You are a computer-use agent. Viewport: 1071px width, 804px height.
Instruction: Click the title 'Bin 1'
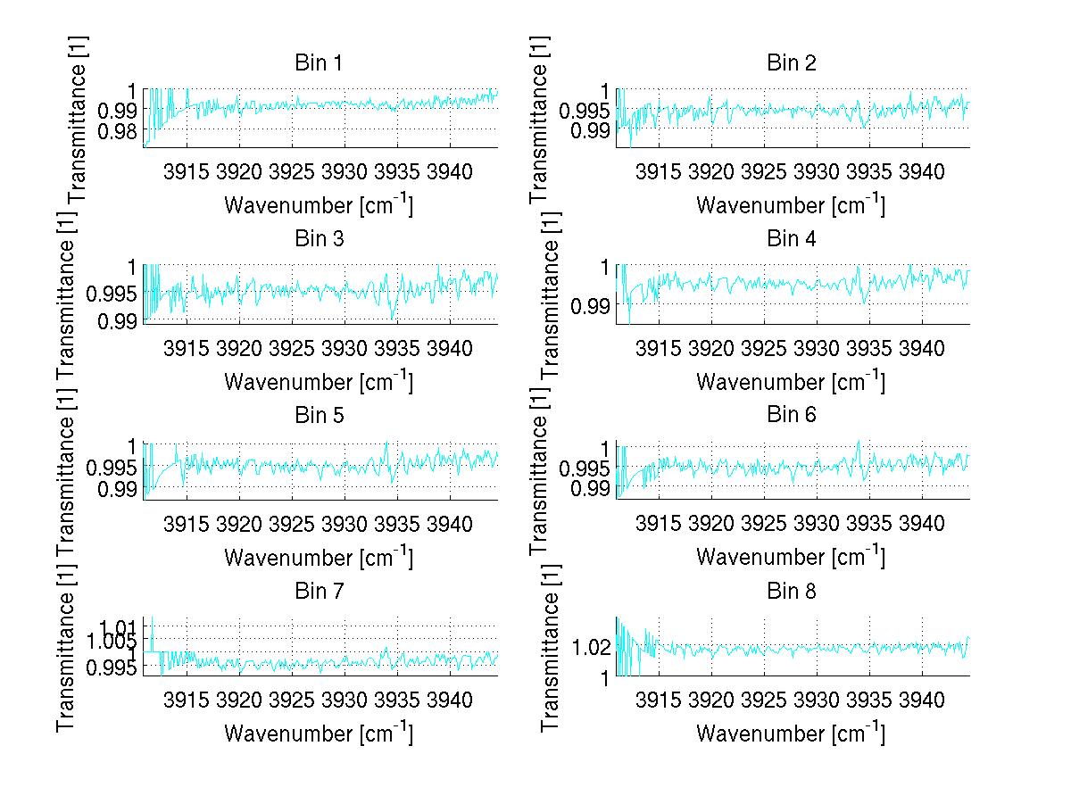(x=319, y=63)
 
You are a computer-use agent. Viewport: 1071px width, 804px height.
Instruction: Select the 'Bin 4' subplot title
(x=791, y=239)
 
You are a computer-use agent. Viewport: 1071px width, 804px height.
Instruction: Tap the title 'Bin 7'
(x=319, y=591)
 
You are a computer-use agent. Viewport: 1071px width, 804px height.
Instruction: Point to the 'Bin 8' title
(x=791, y=591)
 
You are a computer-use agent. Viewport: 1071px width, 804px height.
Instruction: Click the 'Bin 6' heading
(x=791, y=415)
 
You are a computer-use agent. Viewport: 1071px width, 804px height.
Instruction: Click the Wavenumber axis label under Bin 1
(x=319, y=205)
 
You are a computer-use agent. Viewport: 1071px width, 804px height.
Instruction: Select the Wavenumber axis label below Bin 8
(x=791, y=733)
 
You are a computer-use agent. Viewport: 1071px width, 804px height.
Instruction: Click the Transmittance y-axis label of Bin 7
(x=67, y=645)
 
